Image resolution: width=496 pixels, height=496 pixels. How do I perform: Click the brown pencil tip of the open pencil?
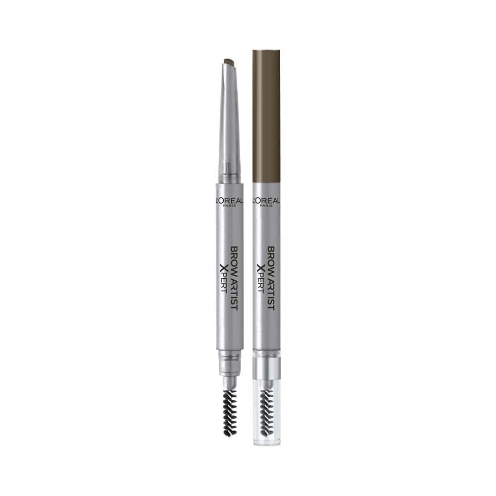(x=229, y=62)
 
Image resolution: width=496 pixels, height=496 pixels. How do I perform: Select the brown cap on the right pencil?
(x=266, y=114)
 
